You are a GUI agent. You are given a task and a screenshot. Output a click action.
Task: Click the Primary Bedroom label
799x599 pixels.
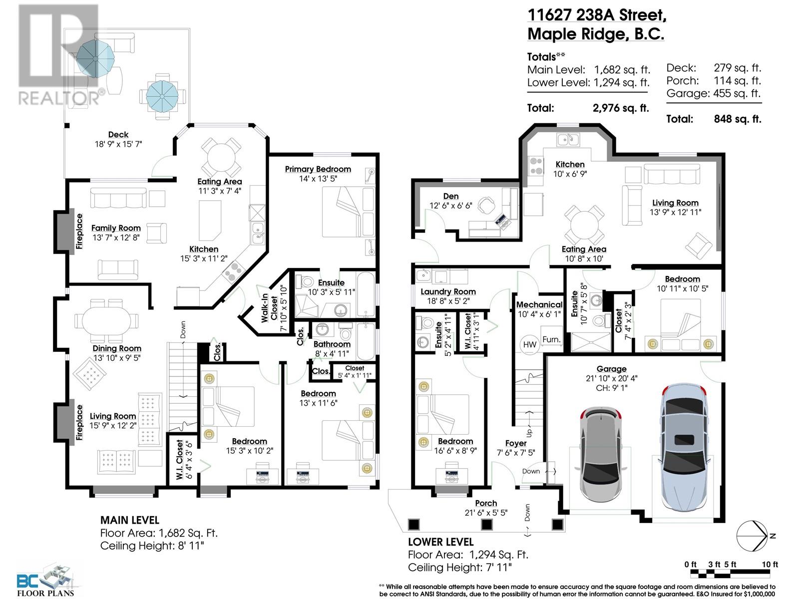tap(318, 169)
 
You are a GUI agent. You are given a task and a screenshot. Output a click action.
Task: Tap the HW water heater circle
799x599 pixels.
tap(530, 344)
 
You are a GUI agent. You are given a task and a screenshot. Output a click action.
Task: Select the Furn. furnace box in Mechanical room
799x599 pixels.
tap(551, 339)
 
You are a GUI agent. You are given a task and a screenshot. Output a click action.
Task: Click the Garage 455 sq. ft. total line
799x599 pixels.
tap(714, 93)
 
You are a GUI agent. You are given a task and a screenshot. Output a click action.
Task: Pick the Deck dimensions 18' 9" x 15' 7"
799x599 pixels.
tap(118, 144)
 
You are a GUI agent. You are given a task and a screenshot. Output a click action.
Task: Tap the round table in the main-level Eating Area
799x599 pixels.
tap(221, 157)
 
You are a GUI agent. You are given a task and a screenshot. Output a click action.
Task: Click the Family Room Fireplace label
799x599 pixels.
tap(79, 231)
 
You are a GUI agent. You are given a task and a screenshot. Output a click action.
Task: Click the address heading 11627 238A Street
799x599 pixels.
tap(597, 15)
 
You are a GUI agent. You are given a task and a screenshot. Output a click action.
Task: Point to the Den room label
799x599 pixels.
tap(450, 196)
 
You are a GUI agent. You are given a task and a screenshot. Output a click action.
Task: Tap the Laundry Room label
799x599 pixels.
tap(448, 292)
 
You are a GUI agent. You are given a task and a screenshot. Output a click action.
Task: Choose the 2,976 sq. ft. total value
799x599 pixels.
tap(621, 108)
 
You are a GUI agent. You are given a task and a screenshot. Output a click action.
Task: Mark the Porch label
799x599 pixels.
tap(486, 503)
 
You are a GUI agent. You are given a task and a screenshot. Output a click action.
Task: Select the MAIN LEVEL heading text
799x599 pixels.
tap(129, 520)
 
